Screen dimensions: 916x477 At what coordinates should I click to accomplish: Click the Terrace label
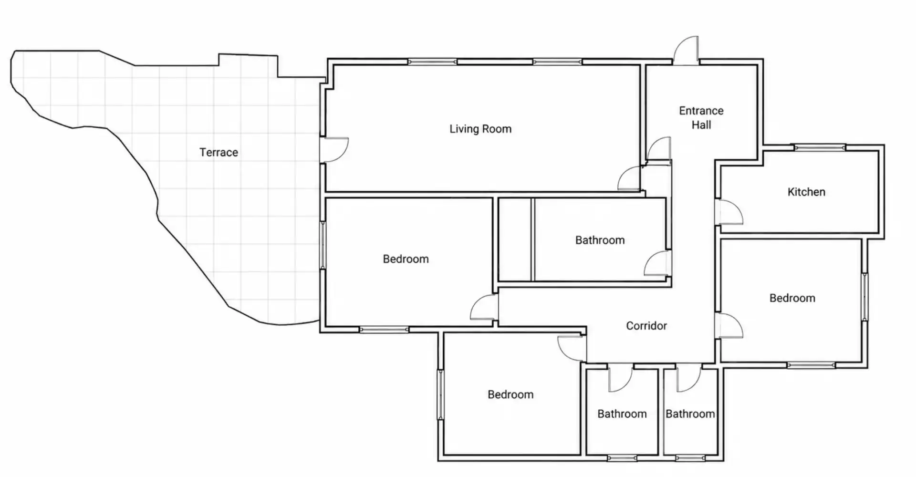coord(219,152)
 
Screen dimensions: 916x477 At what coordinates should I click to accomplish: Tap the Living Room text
coord(480,129)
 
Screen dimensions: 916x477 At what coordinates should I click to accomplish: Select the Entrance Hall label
coord(701,118)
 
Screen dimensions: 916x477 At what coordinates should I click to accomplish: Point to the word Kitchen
coord(806,192)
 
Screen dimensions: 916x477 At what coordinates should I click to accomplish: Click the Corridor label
coord(646,326)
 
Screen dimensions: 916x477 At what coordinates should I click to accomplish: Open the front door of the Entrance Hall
coord(686,50)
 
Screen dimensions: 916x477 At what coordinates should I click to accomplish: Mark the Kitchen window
coord(819,147)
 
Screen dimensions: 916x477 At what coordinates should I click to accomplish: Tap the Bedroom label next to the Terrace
coord(406,259)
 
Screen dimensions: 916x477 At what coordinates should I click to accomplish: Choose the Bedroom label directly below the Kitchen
coord(792,298)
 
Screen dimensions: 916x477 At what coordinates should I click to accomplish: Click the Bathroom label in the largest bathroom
coord(600,240)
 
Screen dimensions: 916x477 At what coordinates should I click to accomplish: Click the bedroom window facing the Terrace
coord(323,245)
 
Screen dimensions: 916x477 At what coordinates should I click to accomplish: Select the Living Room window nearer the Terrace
coord(432,62)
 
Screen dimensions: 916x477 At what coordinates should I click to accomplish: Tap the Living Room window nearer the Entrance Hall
coord(557,62)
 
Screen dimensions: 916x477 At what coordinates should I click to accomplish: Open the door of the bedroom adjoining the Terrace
coord(484,308)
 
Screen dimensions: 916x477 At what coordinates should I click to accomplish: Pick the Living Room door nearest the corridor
coord(630,179)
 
